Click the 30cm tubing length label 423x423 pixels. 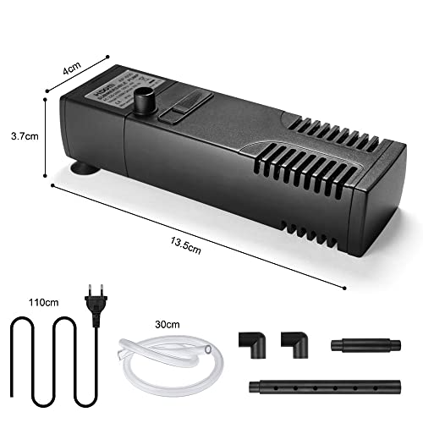coord(168,324)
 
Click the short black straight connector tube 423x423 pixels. coord(366,344)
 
